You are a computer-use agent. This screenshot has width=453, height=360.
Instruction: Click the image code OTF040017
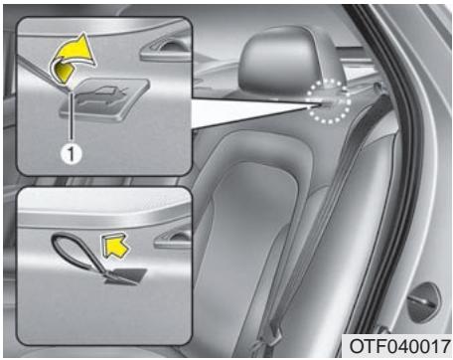click(x=396, y=345)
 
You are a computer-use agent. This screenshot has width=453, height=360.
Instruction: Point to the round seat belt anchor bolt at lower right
click(x=425, y=295)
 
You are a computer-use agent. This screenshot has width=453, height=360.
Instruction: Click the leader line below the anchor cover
click(x=72, y=125)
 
